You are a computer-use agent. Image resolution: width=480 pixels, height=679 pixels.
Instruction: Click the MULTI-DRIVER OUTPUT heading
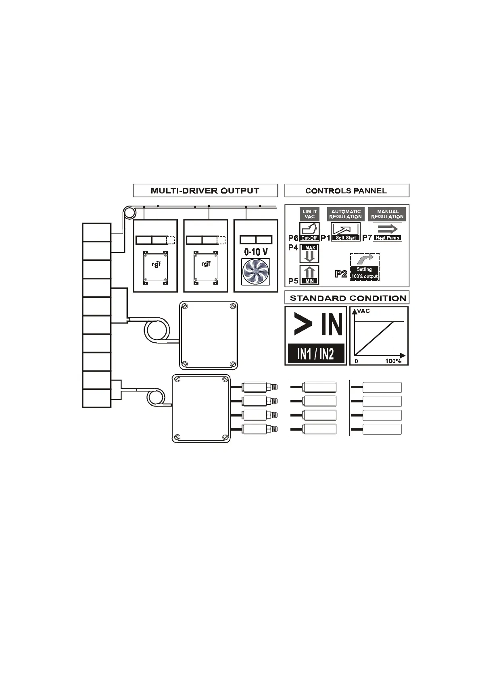(205, 191)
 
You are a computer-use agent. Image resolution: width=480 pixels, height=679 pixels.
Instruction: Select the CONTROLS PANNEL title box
(346, 191)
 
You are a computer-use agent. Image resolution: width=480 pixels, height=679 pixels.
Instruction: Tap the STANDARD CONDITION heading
(348, 298)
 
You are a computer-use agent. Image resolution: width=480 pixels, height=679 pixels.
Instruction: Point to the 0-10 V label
(256, 252)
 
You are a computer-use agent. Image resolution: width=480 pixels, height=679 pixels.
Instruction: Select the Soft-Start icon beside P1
(346, 232)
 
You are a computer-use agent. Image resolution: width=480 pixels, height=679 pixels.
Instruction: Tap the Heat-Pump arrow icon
(387, 232)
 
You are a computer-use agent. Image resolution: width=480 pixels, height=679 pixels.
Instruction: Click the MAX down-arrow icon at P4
(309, 254)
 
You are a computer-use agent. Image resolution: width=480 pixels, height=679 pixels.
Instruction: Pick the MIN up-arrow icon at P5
(309, 275)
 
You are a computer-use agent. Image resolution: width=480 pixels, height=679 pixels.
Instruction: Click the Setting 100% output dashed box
(364, 267)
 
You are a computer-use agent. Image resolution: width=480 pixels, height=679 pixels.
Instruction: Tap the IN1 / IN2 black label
(316, 354)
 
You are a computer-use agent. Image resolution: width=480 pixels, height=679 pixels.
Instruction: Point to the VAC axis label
(363, 311)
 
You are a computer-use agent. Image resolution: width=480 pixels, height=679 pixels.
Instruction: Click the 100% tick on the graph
(393, 361)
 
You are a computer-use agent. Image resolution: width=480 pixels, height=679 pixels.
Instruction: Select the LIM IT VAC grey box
(309, 214)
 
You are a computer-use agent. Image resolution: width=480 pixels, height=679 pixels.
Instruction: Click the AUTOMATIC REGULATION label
(345, 214)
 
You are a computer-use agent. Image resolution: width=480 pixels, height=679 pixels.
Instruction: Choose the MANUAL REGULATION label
(387, 214)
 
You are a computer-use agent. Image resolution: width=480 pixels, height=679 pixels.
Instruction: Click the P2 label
(341, 274)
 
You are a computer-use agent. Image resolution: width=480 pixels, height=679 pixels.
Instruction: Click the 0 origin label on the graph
(356, 361)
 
